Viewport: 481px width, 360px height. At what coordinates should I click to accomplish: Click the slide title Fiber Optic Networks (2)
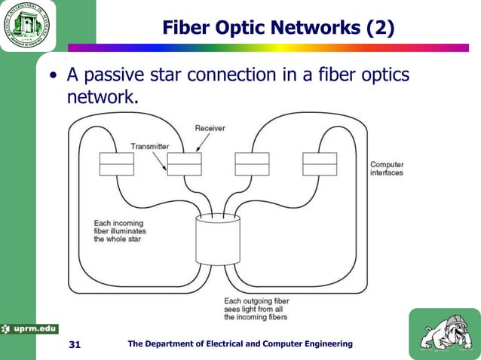pyautogui.click(x=278, y=28)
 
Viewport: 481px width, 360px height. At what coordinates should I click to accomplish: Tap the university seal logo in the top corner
pyautogui.click(x=29, y=26)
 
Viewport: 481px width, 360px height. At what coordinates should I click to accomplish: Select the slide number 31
pyautogui.click(x=74, y=344)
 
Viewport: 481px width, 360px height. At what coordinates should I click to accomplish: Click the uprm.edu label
pyautogui.click(x=29, y=328)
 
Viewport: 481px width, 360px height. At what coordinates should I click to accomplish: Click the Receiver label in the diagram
pyautogui.click(x=210, y=128)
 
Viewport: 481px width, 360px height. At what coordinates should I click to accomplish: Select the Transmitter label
pyautogui.click(x=150, y=145)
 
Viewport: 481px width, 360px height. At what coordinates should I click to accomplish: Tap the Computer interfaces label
pyautogui.click(x=387, y=168)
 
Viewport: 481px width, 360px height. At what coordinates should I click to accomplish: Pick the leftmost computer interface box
pyautogui.click(x=116, y=163)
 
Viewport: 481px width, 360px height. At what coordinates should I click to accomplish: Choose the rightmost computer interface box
pyautogui.click(x=320, y=163)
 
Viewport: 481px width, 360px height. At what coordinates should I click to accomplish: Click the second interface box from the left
pyautogui.click(x=184, y=163)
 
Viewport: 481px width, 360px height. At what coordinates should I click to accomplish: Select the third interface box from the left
pyautogui.click(x=252, y=163)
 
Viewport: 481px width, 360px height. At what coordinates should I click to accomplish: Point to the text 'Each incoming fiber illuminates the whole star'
pyautogui.click(x=121, y=230)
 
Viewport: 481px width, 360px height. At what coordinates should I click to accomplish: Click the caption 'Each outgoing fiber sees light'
pyautogui.click(x=257, y=309)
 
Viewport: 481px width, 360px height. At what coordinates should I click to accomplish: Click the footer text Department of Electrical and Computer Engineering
pyautogui.click(x=240, y=344)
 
